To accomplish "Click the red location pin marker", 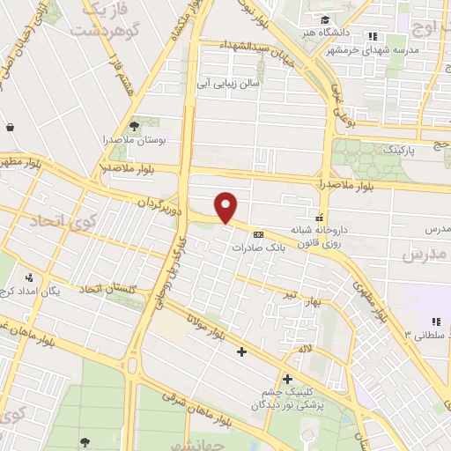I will pos(226,208).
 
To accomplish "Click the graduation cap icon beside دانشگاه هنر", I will pos(326,20).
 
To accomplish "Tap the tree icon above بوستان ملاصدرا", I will pos(134,126).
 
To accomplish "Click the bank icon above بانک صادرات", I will pos(257,235).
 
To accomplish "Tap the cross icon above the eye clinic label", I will pos(287,380).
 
